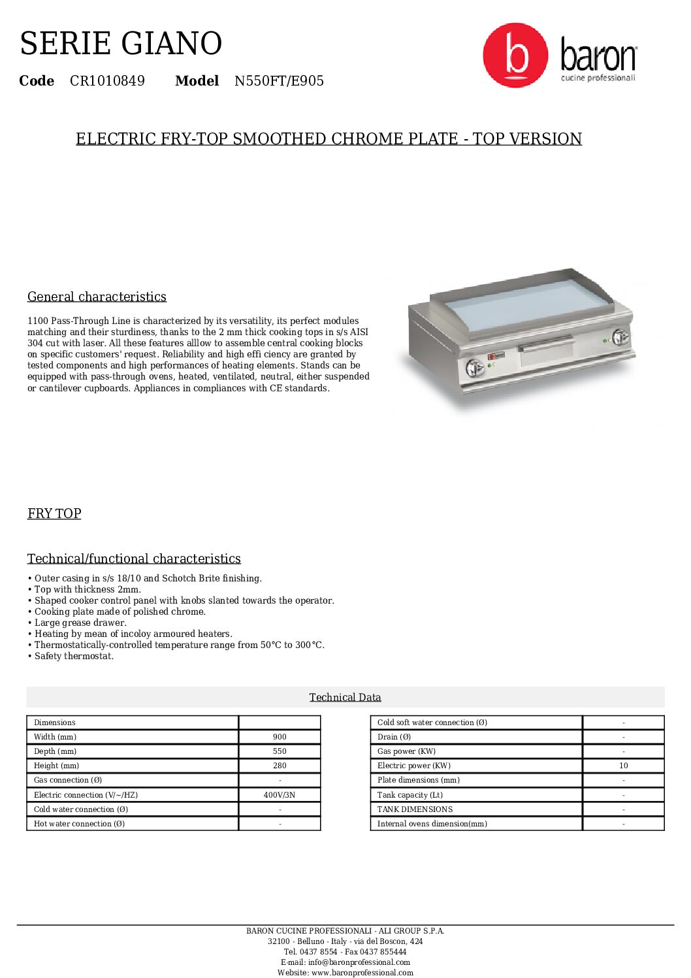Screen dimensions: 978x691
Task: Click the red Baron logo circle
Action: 515,56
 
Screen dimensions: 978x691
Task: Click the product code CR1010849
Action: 107,81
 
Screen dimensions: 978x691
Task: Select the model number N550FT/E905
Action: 279,81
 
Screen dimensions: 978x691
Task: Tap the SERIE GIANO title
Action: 121,44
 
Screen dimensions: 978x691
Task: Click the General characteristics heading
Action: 97,297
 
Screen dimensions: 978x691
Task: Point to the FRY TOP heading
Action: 54,513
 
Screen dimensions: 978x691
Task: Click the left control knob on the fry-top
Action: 475,368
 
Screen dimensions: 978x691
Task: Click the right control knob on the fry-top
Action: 619,337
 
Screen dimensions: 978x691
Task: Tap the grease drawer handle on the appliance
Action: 546,343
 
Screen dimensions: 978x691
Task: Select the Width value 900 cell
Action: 280,737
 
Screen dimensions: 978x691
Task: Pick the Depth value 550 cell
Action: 280,751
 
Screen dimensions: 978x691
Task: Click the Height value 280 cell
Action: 280,766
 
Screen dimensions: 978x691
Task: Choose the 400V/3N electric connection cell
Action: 280,795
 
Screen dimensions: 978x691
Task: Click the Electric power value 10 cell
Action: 623,766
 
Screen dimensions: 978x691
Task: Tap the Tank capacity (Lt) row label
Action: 410,795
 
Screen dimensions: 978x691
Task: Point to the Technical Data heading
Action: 345,697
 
